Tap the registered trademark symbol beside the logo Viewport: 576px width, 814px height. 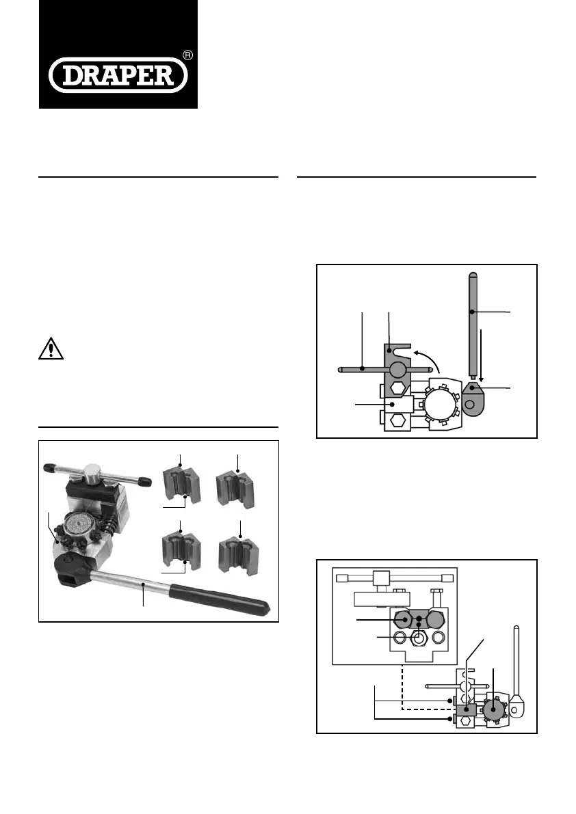[x=188, y=55]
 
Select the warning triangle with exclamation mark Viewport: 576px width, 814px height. [x=51, y=349]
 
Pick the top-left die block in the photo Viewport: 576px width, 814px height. [x=181, y=485]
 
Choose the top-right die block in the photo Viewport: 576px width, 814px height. [x=236, y=489]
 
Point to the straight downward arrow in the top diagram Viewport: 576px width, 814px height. [x=482, y=356]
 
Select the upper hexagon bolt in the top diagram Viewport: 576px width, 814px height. [x=399, y=388]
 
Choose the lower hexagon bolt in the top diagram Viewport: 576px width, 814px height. [x=399, y=420]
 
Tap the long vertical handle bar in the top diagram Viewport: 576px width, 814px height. [x=473, y=325]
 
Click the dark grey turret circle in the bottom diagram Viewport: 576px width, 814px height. [x=493, y=709]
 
